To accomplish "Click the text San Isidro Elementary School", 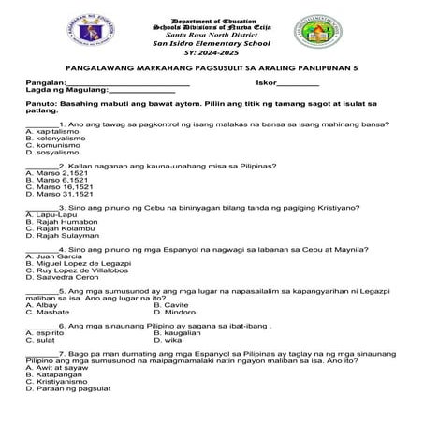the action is click(x=212, y=44).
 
